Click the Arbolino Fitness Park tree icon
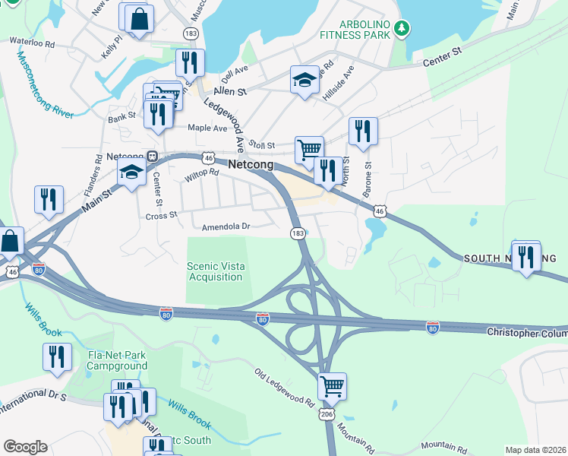[403, 29]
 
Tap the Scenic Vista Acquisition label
[216, 271]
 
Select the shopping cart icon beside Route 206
[332, 385]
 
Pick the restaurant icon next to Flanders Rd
[49, 199]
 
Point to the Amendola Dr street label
[226, 226]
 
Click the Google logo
[25, 447]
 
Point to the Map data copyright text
[535, 450]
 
